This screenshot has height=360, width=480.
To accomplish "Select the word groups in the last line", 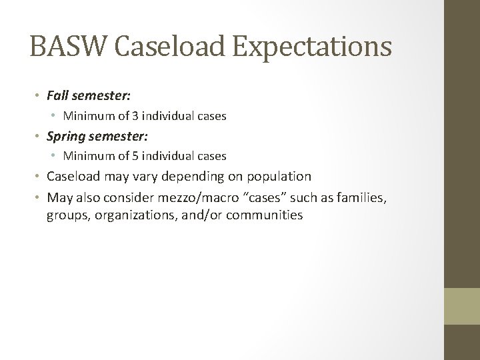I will point(65,215).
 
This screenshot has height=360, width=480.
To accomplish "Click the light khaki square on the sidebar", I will point(463,306).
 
